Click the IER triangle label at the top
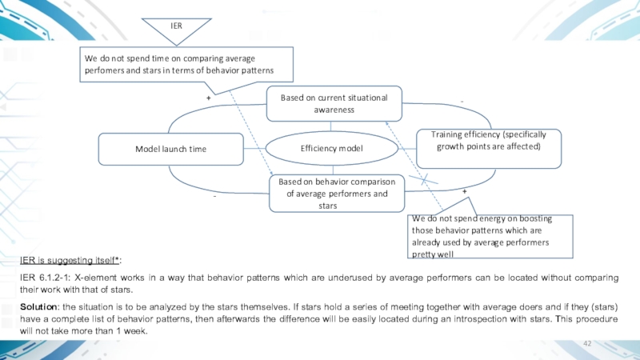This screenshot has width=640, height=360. click(177, 26)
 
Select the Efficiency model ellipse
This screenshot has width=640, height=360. click(332, 149)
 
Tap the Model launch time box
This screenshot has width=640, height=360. click(170, 149)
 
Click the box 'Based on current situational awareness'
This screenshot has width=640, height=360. click(334, 103)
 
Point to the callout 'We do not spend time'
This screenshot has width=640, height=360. click(188, 65)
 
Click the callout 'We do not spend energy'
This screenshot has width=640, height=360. click(490, 236)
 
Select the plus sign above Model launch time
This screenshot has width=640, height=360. click(208, 97)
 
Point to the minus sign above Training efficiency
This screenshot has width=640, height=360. click(462, 101)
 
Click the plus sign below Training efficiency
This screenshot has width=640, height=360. click(465, 192)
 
